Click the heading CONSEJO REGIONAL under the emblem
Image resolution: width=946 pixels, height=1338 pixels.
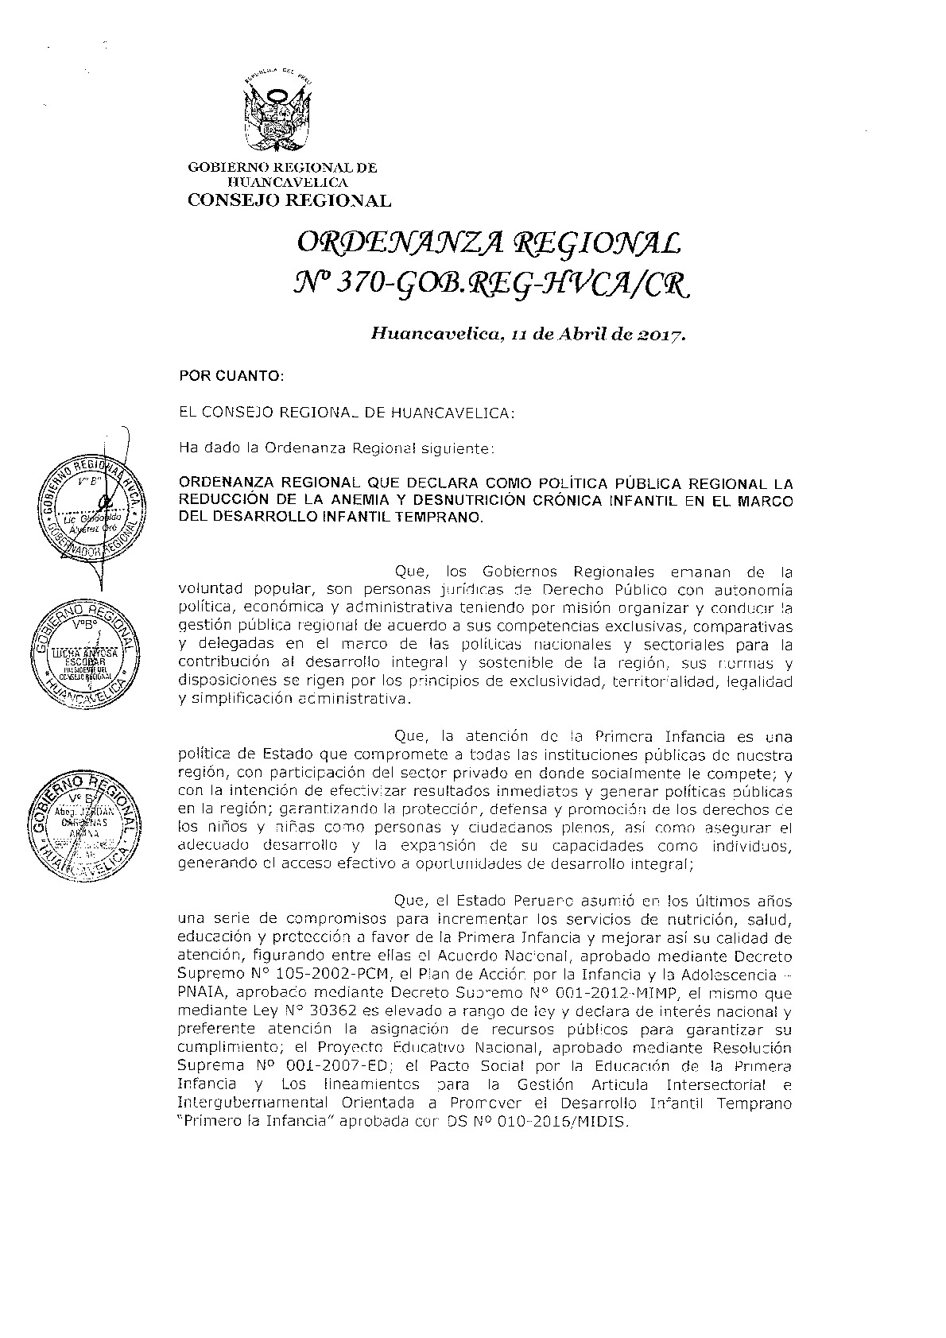289,201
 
